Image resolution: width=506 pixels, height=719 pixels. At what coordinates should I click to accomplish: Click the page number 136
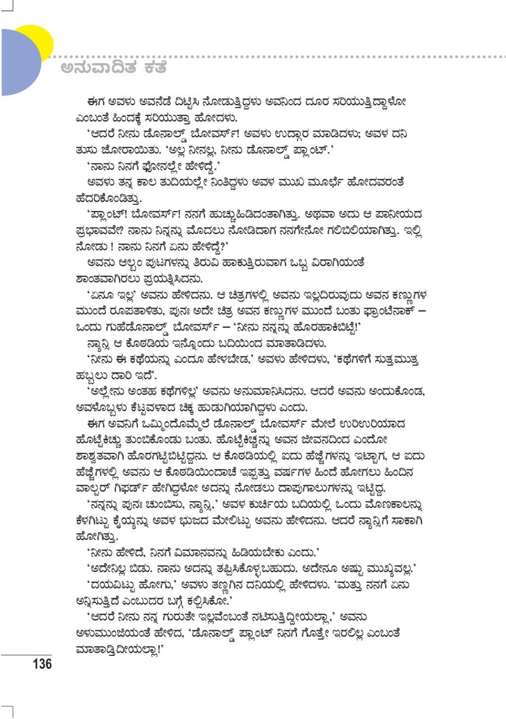(x=42, y=664)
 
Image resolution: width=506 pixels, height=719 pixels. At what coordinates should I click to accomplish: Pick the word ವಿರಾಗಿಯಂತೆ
(x=337, y=263)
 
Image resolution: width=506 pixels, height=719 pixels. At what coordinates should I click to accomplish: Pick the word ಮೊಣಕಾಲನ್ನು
(x=386, y=504)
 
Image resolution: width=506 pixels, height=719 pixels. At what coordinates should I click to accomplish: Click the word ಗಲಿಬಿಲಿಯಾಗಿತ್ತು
(x=359, y=231)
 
